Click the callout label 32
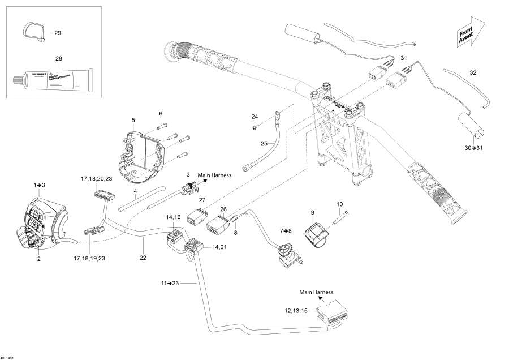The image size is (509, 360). click(x=473, y=72)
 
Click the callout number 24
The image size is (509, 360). click(x=255, y=117)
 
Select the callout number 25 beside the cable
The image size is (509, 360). click(x=264, y=144)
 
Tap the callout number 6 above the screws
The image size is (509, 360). click(x=160, y=113)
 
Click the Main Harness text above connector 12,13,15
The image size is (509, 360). click(x=317, y=292)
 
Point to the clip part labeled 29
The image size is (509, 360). click(x=34, y=33)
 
